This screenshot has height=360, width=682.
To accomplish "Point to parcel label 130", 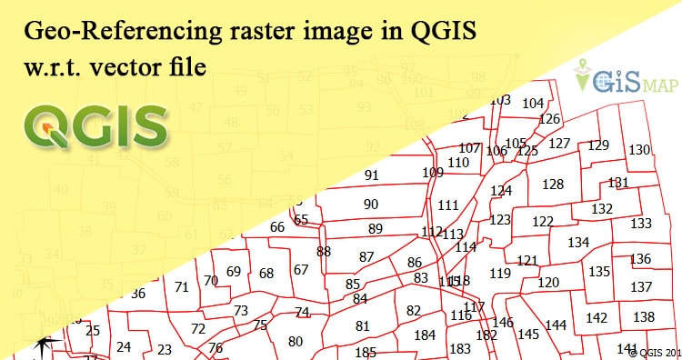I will [x=639, y=150].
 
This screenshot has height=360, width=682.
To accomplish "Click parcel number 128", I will [x=553, y=185].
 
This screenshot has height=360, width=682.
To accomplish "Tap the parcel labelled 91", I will [x=371, y=175].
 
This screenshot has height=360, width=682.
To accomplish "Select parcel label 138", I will [x=644, y=316].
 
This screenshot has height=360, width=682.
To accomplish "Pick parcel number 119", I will [x=500, y=273].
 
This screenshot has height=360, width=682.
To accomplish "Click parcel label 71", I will [x=182, y=287].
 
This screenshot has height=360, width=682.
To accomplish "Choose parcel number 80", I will [x=295, y=341].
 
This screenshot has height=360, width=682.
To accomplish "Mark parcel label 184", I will [x=425, y=335].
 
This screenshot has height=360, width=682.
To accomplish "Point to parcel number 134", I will [x=578, y=243].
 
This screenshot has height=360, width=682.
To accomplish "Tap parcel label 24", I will [x=124, y=346].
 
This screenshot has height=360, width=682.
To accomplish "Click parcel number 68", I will [x=266, y=274].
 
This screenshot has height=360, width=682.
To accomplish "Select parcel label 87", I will [x=366, y=257].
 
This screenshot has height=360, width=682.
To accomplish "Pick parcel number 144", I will [x=556, y=325].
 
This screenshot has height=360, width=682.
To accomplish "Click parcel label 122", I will [x=543, y=222].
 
